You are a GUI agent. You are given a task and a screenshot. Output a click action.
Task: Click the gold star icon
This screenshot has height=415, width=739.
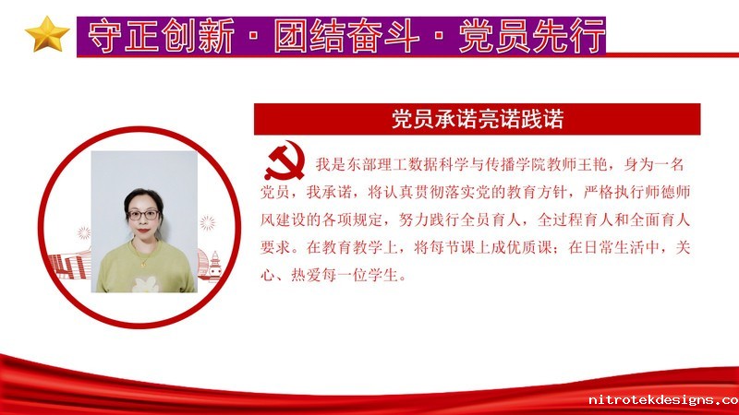coord(47,34)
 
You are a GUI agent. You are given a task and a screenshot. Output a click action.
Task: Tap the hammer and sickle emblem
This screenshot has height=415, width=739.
coord(285,160)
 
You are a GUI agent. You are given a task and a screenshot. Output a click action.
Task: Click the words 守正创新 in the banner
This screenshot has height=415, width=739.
coord(161,36)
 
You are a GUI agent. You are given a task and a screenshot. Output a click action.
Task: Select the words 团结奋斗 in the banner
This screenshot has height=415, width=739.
coord(347,36)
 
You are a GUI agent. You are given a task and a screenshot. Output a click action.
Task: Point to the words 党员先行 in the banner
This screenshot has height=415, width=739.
coord(532,36)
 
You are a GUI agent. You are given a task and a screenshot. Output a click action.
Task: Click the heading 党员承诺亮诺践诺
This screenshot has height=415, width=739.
coord(478,119)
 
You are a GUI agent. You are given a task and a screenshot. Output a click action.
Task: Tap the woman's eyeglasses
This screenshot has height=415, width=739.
coord(143,215)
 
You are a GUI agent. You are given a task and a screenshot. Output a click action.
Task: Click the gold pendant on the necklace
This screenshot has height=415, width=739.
coord(143,265)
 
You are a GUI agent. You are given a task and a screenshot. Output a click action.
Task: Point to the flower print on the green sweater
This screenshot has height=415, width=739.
coord(145,284)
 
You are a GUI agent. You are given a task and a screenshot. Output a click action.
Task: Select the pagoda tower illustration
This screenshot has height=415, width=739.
coord(214,266)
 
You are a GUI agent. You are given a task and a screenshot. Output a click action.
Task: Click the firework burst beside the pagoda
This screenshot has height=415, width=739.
coord(207,223)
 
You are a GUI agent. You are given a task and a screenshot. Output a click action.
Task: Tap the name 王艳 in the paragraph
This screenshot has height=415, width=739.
coord(592,165)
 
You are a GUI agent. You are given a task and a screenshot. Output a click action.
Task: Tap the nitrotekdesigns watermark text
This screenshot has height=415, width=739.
coord(663,400)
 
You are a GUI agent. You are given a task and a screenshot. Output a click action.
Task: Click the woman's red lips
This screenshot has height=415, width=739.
coord(143,230)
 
